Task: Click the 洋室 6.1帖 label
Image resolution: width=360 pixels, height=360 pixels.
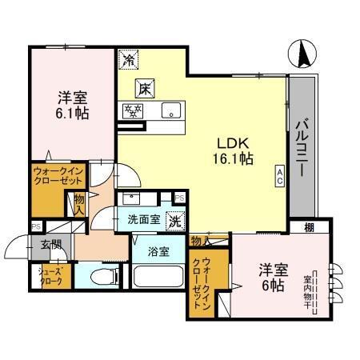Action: (72, 106)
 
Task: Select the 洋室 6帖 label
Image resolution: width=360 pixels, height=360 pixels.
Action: (272, 276)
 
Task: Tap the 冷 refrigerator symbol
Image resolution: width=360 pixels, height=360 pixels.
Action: (128, 58)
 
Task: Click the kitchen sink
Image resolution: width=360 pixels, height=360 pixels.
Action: (170, 110)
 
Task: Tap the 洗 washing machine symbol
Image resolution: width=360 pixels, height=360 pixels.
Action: (174, 220)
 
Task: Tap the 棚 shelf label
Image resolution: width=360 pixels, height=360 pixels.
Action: (308, 229)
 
